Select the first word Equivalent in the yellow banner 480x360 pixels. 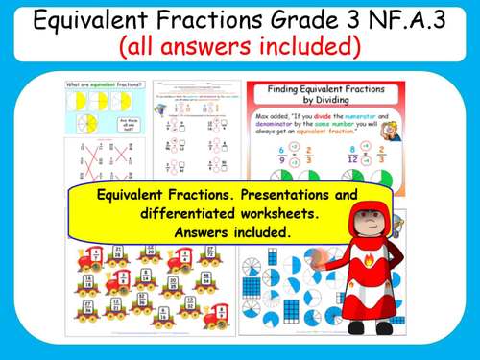tap(132, 195)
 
